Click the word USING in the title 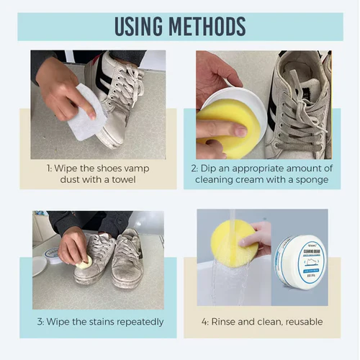click(143, 26)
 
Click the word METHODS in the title click(208, 26)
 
